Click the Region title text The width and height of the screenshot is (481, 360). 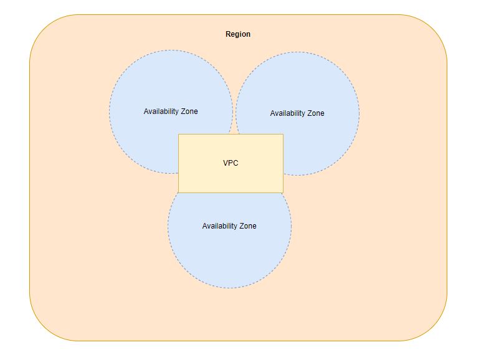point(238,34)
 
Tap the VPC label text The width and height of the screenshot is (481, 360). point(231,163)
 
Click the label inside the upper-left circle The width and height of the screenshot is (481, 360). point(171,111)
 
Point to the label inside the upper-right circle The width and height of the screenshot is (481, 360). point(297,113)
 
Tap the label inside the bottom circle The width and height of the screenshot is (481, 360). point(229,226)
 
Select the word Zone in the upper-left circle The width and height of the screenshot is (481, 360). point(189,111)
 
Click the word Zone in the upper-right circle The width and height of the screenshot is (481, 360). point(316,113)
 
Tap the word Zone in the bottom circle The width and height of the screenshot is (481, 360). point(248,226)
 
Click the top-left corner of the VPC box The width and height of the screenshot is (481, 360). point(179,135)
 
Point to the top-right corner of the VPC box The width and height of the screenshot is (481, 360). point(283,135)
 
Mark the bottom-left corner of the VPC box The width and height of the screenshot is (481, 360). point(179,192)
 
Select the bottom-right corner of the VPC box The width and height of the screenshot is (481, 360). point(283,192)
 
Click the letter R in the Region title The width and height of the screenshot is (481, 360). point(228,34)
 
